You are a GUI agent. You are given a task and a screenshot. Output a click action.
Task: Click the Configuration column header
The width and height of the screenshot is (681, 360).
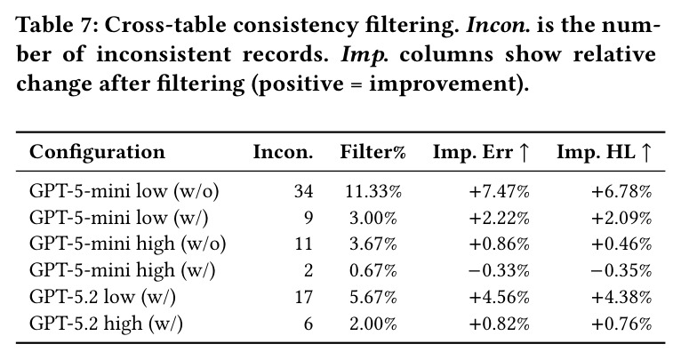pos(97,152)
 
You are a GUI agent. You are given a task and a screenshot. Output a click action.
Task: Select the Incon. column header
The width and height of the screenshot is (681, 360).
pos(283,152)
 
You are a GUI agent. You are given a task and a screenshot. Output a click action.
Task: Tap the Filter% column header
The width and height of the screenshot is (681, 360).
pos(373,152)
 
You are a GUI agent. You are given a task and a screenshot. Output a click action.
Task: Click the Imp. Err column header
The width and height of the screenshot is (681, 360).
pos(481,152)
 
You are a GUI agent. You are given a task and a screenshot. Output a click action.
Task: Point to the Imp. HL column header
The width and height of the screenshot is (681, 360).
pos(604,152)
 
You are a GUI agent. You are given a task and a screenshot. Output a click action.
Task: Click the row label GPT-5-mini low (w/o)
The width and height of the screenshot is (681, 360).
pos(124,191)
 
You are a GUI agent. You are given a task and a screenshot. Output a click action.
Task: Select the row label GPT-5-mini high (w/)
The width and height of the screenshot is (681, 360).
pos(122,271)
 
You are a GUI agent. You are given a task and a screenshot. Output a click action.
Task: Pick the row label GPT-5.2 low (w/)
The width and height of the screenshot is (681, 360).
pos(102,298)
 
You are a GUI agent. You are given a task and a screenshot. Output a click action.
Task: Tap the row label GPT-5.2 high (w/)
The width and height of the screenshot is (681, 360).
pos(106,324)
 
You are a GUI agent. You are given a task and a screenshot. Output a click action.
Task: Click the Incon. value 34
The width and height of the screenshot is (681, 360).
pos(303,191)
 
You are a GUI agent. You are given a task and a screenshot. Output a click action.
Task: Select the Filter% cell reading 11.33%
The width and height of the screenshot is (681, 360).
pos(373,191)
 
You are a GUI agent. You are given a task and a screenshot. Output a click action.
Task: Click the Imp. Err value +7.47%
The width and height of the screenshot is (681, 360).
pos(499,191)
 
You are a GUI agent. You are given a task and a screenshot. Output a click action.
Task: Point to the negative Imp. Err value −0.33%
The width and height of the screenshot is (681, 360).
pos(499,271)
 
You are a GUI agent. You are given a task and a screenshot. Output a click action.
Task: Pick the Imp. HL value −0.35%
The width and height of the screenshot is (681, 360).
pos(621,271)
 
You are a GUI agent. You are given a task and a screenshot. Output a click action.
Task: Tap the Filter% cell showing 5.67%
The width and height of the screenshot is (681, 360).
pos(373,298)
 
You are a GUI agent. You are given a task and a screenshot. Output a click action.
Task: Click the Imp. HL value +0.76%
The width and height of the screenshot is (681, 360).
pos(621,324)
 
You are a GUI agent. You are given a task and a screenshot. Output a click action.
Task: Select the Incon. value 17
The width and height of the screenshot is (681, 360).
pos(303,298)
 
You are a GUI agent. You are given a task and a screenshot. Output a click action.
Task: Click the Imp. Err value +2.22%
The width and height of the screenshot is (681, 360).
pos(499,218)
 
